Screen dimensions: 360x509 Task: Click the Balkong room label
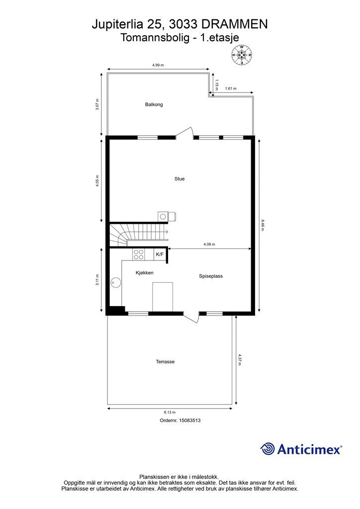coord(154,104)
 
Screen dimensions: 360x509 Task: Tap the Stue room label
coord(180,178)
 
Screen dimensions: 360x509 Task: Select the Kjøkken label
coord(145,273)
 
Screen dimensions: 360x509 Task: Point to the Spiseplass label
coord(211,276)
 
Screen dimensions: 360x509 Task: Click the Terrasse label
coord(165,362)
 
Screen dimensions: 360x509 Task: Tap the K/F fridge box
coord(160,254)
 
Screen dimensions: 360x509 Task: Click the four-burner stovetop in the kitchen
coord(139,254)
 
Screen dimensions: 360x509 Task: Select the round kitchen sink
coord(115,283)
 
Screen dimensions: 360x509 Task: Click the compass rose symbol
coord(242,55)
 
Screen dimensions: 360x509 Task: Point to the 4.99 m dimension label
coord(158,65)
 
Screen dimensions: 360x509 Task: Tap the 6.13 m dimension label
coord(170,412)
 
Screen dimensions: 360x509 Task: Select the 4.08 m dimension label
coord(209,244)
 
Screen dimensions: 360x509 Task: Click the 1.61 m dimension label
coord(231,88)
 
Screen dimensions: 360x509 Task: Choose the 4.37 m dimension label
coord(240,360)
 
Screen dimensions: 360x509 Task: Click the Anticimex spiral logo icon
coord(267,449)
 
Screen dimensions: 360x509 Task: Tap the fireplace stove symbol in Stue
coord(167,216)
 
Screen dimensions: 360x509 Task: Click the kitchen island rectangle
coord(163,297)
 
